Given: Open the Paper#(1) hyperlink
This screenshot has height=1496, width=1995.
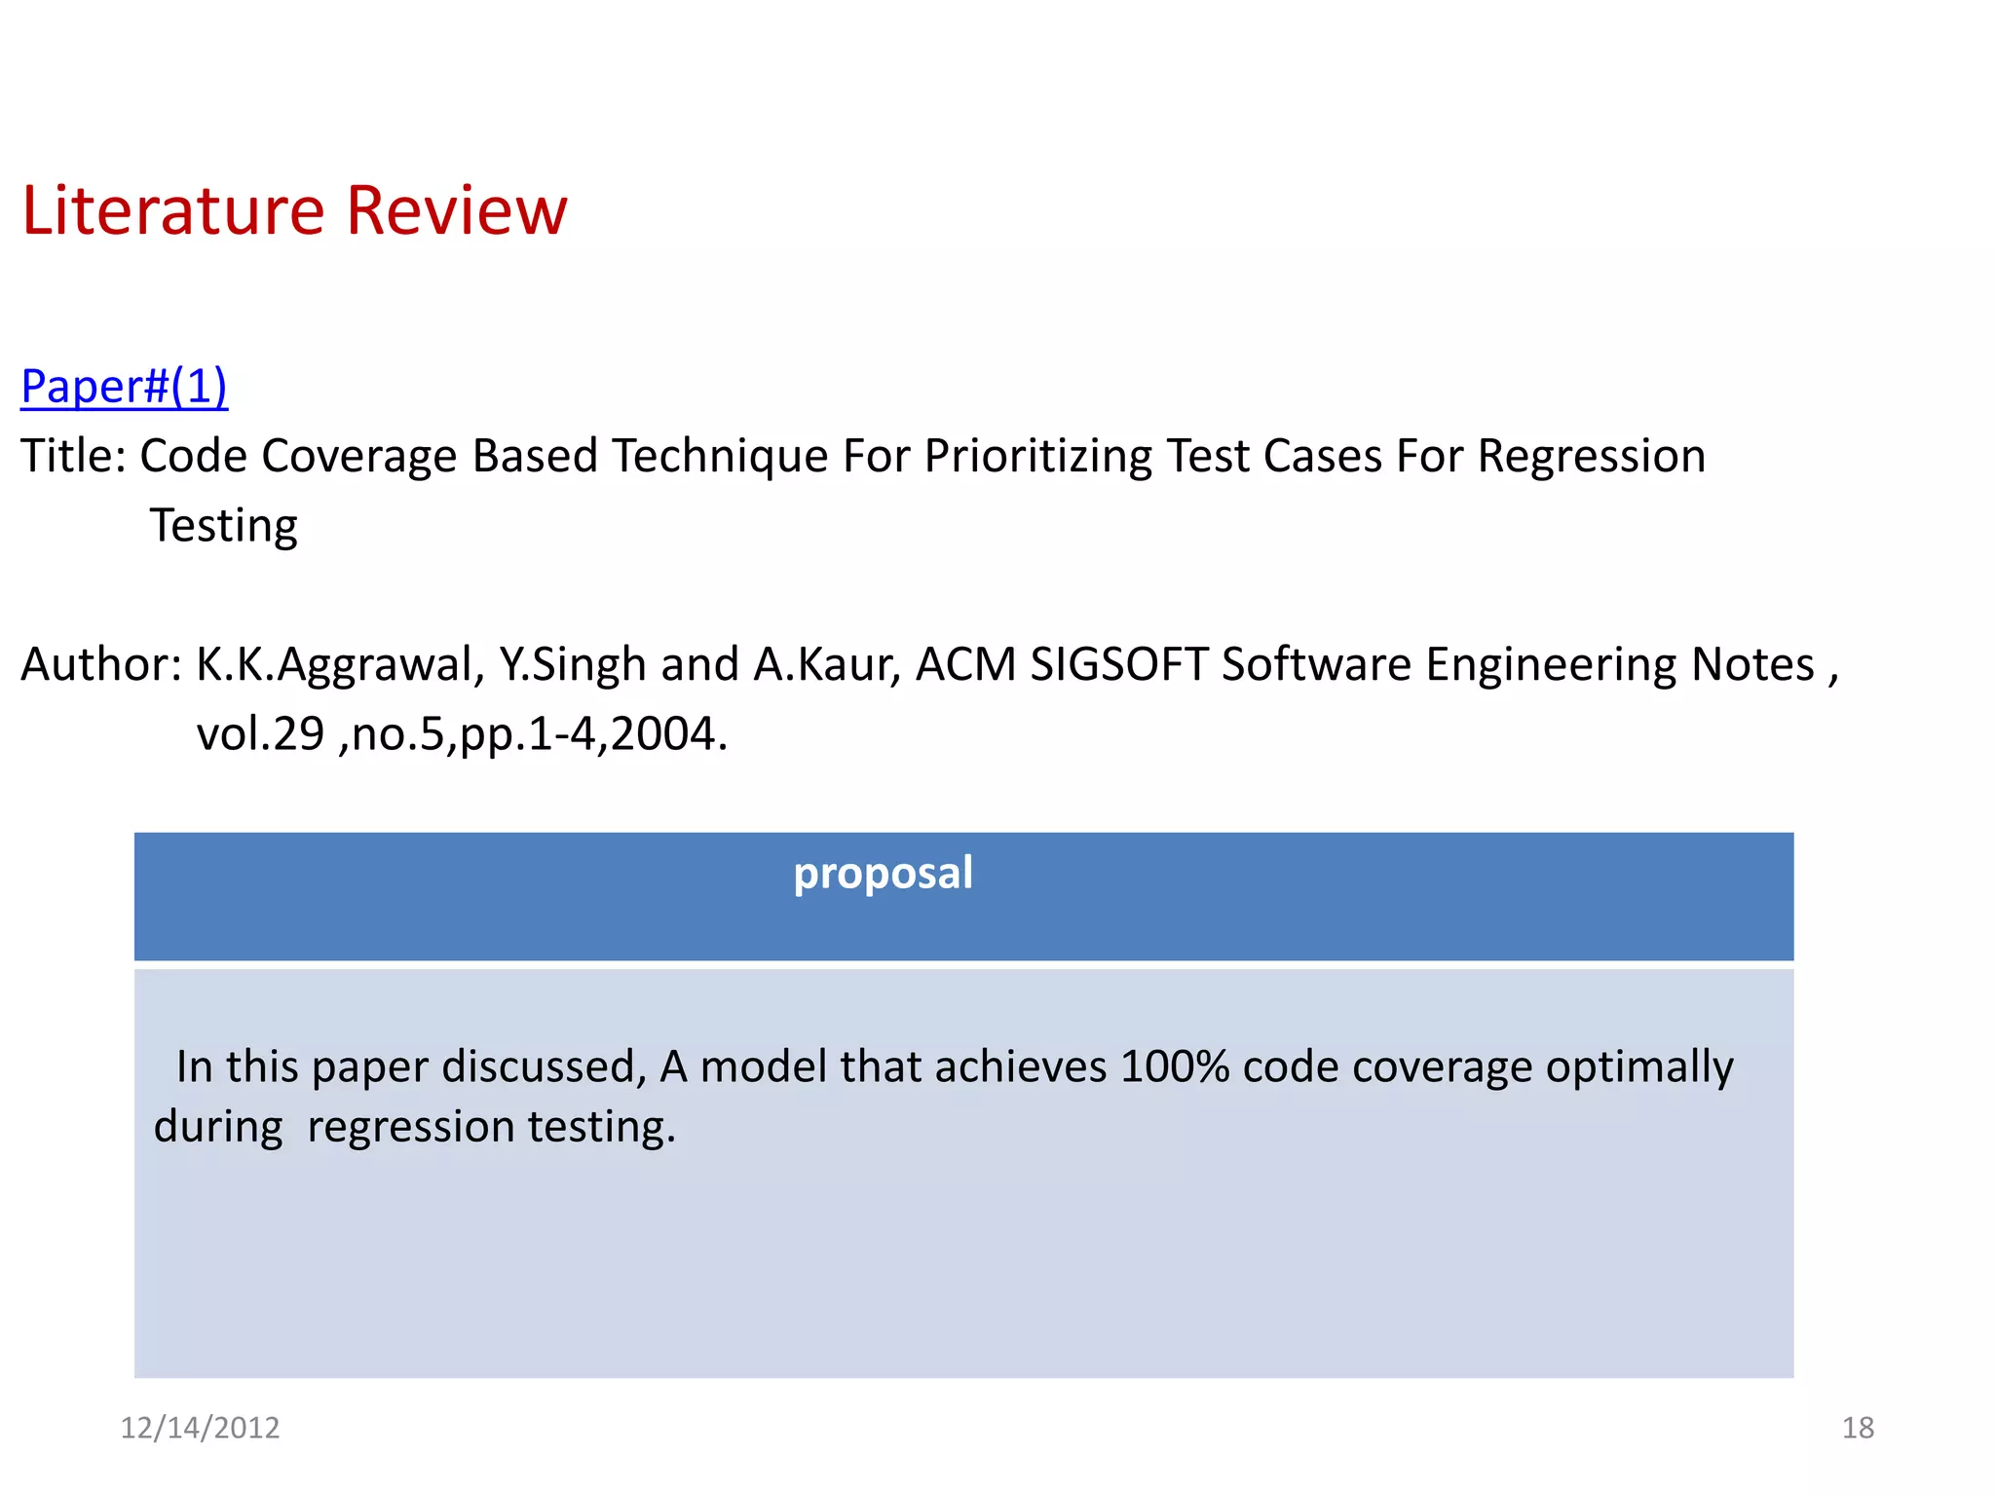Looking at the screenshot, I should [124, 387].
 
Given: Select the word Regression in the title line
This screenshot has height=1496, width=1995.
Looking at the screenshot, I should [1591, 457].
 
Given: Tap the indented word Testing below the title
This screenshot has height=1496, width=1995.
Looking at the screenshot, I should [223, 526].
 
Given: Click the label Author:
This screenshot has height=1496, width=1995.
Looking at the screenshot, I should [101, 665].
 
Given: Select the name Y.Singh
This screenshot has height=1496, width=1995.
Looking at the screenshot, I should [572, 665].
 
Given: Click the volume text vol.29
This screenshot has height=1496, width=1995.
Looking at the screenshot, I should [260, 734].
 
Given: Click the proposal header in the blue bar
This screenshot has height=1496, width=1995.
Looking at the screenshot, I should [883, 873].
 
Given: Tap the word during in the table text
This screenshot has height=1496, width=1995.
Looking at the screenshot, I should [218, 1128].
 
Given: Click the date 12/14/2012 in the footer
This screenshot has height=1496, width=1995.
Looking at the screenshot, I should [200, 1428].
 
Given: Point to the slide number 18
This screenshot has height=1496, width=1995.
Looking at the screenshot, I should [1858, 1428].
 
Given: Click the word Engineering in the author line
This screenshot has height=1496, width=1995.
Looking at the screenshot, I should [1551, 665].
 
